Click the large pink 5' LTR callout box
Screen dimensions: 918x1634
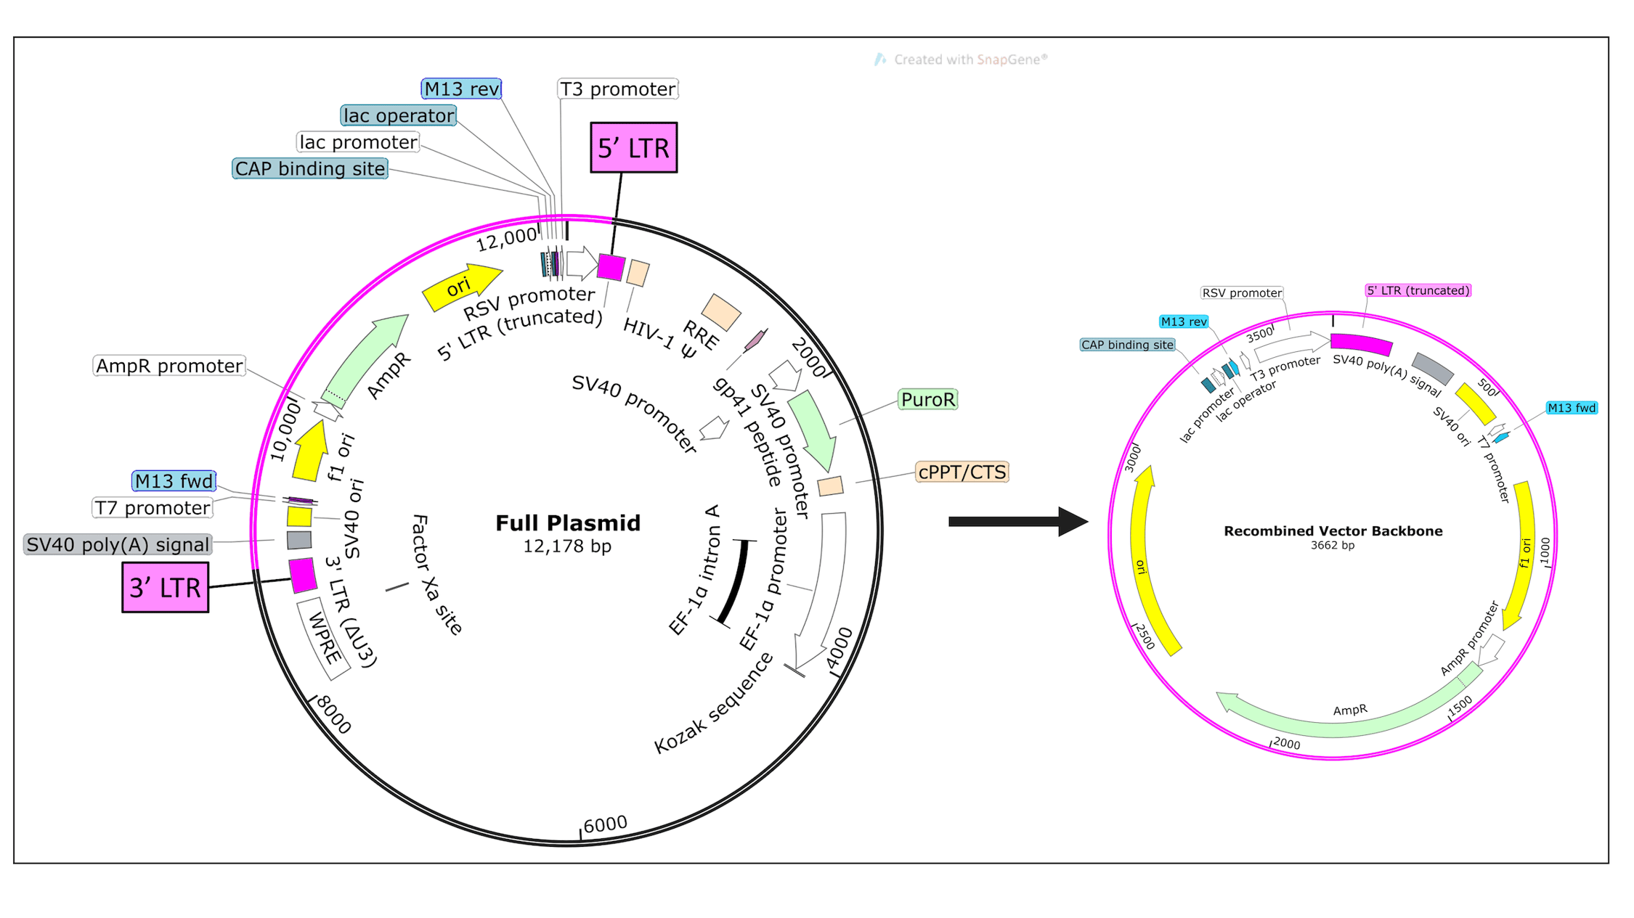coord(633,148)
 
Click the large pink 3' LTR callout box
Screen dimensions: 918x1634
coord(165,587)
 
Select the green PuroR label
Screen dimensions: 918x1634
coord(927,400)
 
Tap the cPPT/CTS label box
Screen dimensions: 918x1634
coord(962,472)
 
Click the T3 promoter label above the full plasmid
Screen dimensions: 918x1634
coord(617,89)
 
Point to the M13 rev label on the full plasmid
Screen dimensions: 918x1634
coord(461,89)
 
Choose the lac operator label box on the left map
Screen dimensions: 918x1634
coord(398,115)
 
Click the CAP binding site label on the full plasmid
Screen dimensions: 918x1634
coord(309,169)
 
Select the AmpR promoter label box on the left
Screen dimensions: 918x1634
coord(169,366)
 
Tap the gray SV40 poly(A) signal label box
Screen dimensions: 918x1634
coord(118,544)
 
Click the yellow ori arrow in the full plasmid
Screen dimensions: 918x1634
coord(461,287)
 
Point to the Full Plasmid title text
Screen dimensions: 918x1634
coord(567,523)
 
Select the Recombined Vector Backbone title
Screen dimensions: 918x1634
coord(1333,531)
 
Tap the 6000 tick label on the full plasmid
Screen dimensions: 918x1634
coord(604,824)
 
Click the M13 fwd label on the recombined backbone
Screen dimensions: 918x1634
coord(1571,408)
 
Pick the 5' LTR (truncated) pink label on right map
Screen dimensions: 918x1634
coord(1418,290)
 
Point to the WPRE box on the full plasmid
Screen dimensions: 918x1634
coord(324,639)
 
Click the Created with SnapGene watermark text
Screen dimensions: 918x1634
coord(970,60)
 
